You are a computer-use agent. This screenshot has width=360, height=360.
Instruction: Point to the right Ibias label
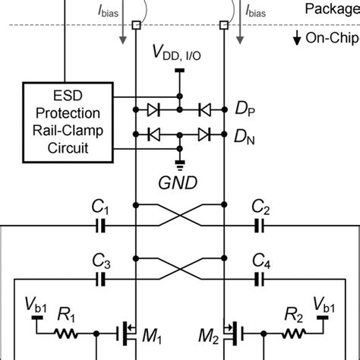click(256, 12)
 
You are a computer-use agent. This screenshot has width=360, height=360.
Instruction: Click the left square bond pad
click(135, 25)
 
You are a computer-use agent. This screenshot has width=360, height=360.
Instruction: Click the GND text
click(179, 182)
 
